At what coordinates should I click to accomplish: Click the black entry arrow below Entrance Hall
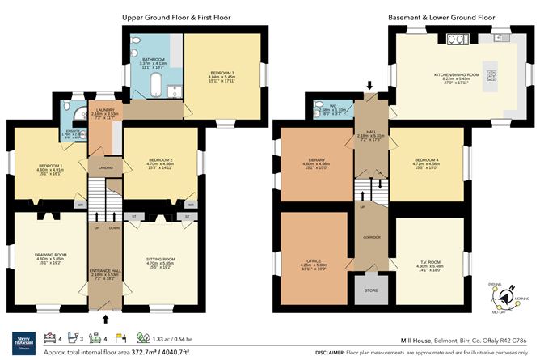click(104, 319)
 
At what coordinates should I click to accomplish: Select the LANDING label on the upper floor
click(105, 168)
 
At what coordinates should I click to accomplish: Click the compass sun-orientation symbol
click(507, 300)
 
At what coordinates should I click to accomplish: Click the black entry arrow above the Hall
click(369, 85)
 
